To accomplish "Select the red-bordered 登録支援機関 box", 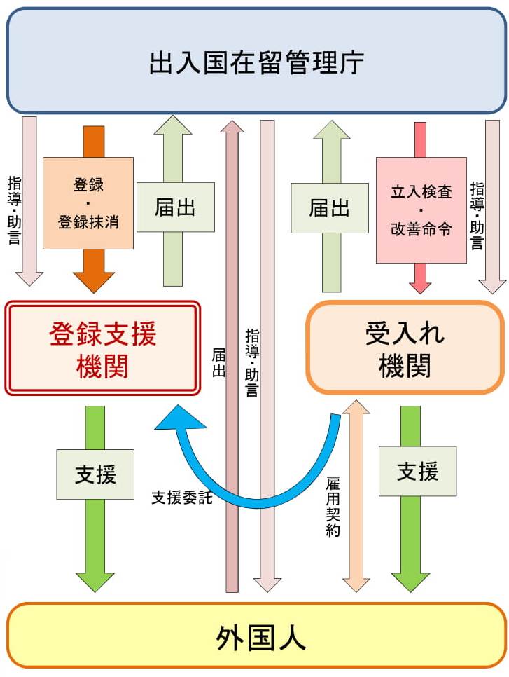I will click(x=103, y=348).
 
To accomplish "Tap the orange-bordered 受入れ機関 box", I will click(x=405, y=348).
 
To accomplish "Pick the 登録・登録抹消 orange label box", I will click(x=88, y=203).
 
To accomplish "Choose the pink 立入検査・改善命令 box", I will click(x=421, y=210).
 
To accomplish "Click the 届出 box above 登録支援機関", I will click(x=175, y=207).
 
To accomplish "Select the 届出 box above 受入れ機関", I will click(x=329, y=207).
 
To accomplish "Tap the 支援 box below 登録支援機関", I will click(x=95, y=474).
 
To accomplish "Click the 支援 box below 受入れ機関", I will click(x=417, y=471).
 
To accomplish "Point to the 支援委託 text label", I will click(x=182, y=498).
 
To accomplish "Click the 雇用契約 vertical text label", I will click(x=333, y=507).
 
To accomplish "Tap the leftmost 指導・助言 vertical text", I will click(x=14, y=210).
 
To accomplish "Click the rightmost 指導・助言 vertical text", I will click(x=477, y=215).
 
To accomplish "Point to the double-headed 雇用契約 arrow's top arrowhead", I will click(x=356, y=409).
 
